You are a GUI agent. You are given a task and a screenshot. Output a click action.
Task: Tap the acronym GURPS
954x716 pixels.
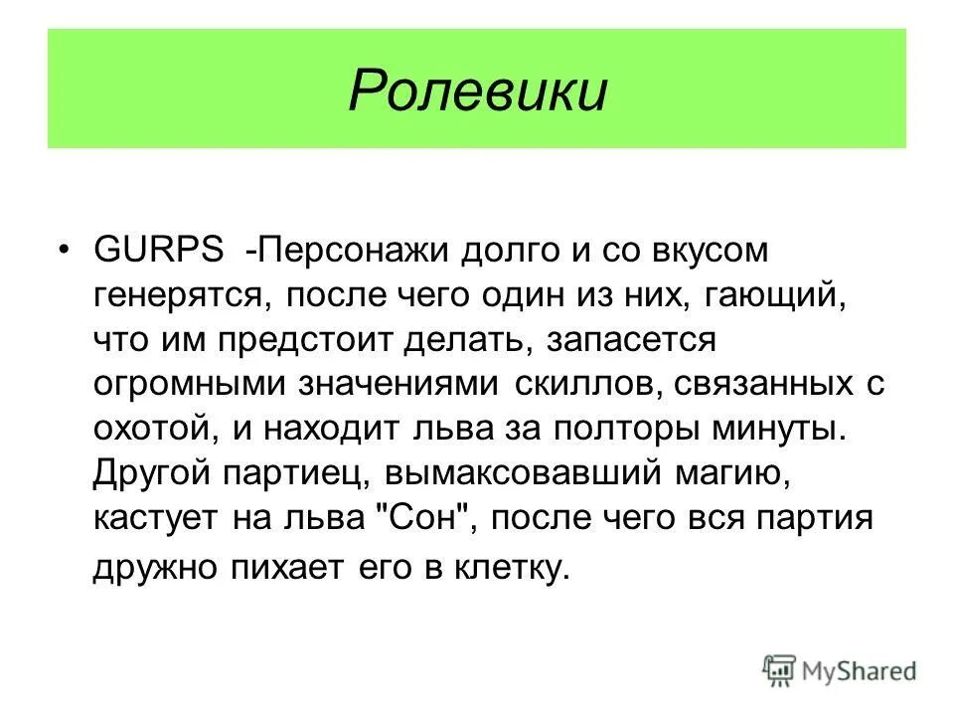click(159, 251)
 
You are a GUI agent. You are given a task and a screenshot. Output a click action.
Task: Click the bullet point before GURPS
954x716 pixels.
click(67, 251)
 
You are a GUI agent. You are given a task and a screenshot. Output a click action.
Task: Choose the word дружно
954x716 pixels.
click(155, 568)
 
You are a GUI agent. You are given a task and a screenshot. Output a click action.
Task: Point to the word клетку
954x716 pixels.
click(514, 568)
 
